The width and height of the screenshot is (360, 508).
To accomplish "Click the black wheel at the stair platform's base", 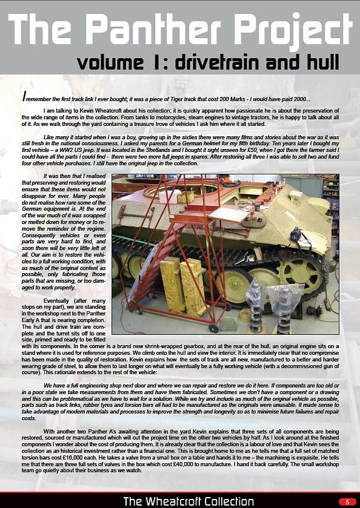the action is point(213,328).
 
